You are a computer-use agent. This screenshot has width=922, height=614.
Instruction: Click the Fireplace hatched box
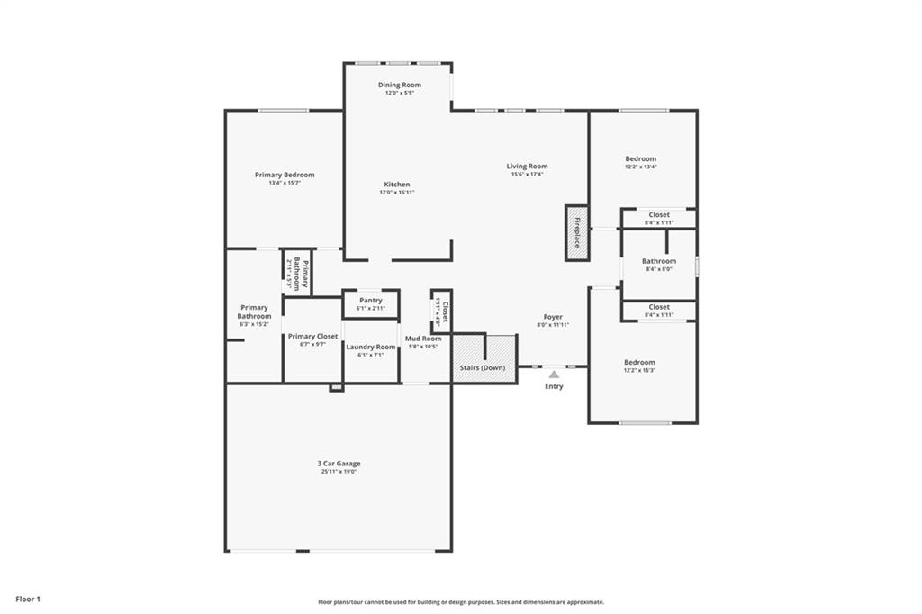[x=576, y=233]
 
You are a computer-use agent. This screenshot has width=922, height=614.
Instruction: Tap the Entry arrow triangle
[x=554, y=374]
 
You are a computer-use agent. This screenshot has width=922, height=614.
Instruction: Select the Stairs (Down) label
[x=483, y=368]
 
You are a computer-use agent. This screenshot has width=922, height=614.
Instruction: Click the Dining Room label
[x=399, y=85]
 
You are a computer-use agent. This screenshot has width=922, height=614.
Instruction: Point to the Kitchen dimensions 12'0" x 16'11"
[x=396, y=193]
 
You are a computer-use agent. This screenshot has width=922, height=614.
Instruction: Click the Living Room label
[x=527, y=166]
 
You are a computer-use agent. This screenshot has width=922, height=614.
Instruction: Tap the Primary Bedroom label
[x=285, y=175]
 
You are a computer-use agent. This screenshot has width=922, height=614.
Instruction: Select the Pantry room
[x=370, y=303]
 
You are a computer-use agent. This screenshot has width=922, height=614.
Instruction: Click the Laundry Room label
[x=370, y=347]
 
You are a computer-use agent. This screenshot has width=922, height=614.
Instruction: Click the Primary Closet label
[x=312, y=336]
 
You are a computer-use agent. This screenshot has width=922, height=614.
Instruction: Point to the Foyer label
[x=553, y=317]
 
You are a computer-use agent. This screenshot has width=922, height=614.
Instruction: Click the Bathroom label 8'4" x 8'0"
[x=658, y=261]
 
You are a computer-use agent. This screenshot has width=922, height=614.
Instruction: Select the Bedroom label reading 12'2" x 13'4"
[x=640, y=158]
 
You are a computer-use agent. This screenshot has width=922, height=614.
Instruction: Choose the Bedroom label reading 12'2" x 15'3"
[x=639, y=362]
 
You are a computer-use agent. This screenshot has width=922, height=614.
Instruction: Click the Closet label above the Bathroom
[x=659, y=215]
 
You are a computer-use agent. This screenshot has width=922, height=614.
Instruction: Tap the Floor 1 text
[x=28, y=599]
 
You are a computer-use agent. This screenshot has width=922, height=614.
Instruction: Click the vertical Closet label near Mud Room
[x=444, y=312]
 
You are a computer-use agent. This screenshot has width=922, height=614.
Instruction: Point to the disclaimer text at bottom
[x=461, y=602]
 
